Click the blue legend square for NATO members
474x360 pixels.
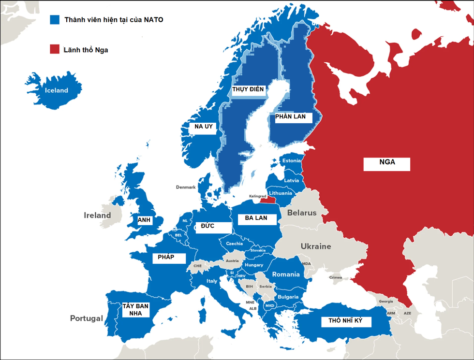[55, 20]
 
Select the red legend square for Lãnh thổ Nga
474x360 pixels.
[55, 49]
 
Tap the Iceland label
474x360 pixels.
[57, 90]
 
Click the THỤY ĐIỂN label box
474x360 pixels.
[248, 90]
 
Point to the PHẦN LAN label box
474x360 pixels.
[291, 117]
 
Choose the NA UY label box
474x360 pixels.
[204, 127]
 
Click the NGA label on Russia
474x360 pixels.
[387, 163]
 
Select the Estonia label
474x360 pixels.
[292, 160]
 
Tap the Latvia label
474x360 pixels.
[292, 180]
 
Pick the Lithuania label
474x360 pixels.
[281, 193]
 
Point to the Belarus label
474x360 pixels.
[302, 213]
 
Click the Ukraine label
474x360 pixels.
[316, 246]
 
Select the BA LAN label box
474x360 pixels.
[256, 219]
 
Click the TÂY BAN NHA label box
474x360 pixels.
[135, 310]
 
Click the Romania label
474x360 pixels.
[286, 274]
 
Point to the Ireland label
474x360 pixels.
[97, 215]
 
